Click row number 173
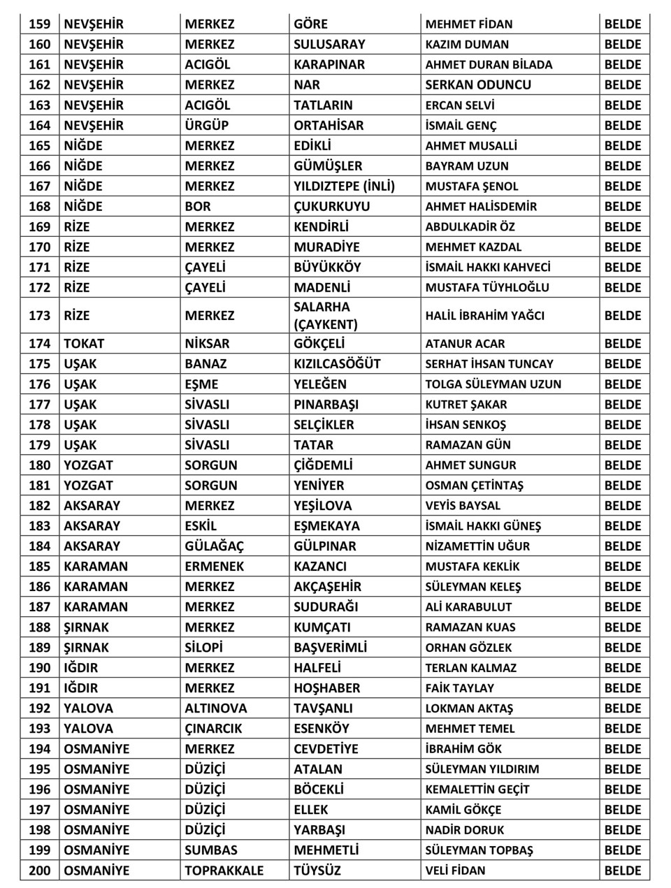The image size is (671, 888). click(x=40, y=315)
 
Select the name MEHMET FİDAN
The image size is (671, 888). click(x=468, y=24)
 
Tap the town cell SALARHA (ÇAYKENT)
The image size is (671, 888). click(x=326, y=315)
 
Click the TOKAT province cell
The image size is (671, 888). click(x=84, y=343)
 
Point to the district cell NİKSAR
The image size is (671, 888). click(x=206, y=343)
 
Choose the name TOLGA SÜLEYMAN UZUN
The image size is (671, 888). click(x=493, y=384)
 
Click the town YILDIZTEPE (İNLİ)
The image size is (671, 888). click(x=344, y=186)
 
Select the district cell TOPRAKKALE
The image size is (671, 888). click(x=224, y=871)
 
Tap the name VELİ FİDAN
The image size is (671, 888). click(x=455, y=871)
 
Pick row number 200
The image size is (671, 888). click(x=40, y=871)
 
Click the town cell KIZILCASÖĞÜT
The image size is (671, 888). click(x=337, y=363)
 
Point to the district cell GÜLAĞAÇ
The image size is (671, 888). click(x=214, y=546)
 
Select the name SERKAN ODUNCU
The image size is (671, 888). click(x=478, y=85)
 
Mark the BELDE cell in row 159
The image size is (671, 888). click(x=622, y=24)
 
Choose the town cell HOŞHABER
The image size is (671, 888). click(x=326, y=687)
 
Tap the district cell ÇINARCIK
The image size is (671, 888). click(x=213, y=728)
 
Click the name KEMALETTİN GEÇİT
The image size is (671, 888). click(x=477, y=789)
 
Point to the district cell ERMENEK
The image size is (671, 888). click(x=214, y=566)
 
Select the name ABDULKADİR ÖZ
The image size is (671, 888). click(x=470, y=226)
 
